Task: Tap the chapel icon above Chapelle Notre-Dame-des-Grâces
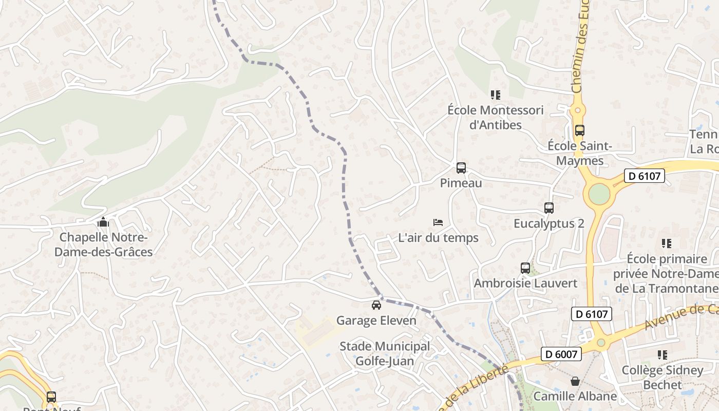coord(103,222)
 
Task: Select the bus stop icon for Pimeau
coord(461,167)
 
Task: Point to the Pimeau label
coord(461,183)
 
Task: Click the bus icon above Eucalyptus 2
coord(549,208)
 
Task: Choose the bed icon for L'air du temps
coord(438,222)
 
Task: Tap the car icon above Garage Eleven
coord(376,305)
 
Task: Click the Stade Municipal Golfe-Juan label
coord(385,353)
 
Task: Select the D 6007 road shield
coord(561,354)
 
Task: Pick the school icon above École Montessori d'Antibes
coord(495,95)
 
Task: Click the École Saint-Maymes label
coord(580,153)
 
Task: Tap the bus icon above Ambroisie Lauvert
coord(525,268)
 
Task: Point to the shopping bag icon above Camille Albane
coord(575,381)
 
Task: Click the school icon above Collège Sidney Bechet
coord(663,354)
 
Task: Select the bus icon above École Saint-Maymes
coord(580,130)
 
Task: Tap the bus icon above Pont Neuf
coord(51,397)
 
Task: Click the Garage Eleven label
coord(376,321)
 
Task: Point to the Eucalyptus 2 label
coord(549,224)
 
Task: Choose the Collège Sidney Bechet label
coord(663,377)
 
